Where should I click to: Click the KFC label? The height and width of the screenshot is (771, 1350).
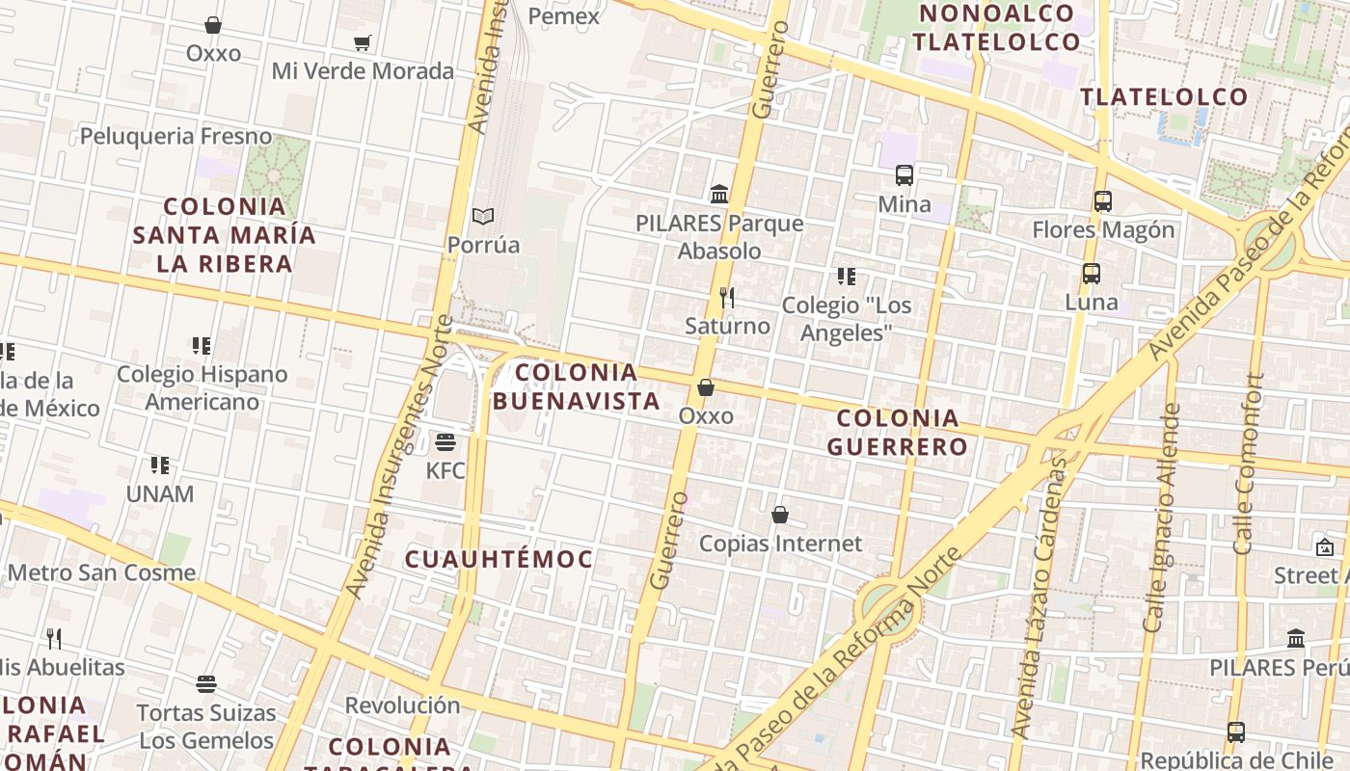tap(445, 471)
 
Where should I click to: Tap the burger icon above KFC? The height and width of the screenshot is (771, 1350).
tap(445, 442)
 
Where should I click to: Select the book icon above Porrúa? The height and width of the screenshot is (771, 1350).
tap(483, 217)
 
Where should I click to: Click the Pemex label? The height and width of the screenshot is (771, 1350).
tap(564, 16)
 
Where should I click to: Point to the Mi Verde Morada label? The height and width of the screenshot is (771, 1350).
tap(363, 71)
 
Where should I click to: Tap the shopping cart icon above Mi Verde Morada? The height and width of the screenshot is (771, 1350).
tap(363, 42)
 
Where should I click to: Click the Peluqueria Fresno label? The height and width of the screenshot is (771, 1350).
tap(176, 136)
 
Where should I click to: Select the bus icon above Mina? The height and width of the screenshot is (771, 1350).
tap(904, 175)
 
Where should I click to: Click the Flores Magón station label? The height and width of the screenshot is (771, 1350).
tap(1103, 230)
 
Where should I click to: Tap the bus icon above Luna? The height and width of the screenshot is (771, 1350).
tap(1092, 274)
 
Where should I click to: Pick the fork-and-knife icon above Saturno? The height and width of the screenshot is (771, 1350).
tap(728, 298)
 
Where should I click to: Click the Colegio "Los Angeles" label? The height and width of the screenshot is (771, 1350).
tap(847, 319)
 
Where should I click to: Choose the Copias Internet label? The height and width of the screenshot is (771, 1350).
tap(780, 544)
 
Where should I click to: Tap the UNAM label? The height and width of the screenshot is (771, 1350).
tap(160, 494)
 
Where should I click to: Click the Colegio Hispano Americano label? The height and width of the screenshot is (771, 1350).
tap(202, 387)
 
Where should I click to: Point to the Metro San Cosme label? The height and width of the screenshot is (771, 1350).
tap(101, 572)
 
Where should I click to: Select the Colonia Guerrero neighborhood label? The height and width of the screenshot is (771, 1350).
tap(898, 432)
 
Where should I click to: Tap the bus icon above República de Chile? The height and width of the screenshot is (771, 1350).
tap(1236, 732)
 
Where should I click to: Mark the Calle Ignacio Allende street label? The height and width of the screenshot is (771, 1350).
tap(1161, 518)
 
